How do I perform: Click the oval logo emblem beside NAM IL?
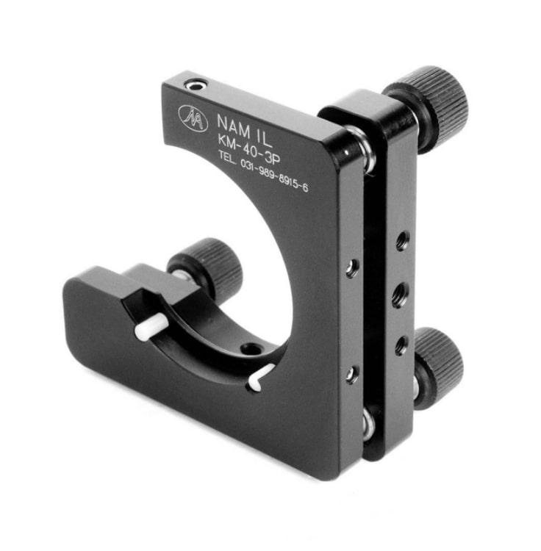click(x=193, y=116)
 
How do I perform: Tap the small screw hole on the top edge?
click(x=195, y=87)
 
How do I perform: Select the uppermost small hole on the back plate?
click(x=402, y=240)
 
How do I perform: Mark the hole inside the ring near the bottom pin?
click(x=252, y=349)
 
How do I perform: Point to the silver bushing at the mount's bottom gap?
click(x=368, y=425)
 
